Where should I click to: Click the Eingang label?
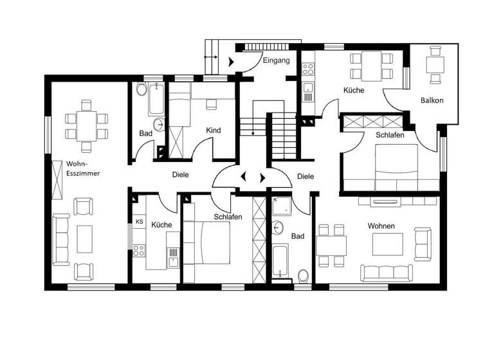pyautogui.click(x=277, y=60)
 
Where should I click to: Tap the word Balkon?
pyautogui.click(x=432, y=101)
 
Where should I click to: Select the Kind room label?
pyautogui.click(x=213, y=130)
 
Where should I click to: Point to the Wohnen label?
pyautogui.click(x=381, y=226)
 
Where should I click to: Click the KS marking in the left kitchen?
pyautogui.click(x=138, y=222)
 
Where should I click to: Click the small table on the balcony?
pyautogui.click(x=435, y=65)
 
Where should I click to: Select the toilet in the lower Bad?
pyautogui.click(x=303, y=276)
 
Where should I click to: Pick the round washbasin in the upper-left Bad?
pyautogui.click(x=158, y=124)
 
